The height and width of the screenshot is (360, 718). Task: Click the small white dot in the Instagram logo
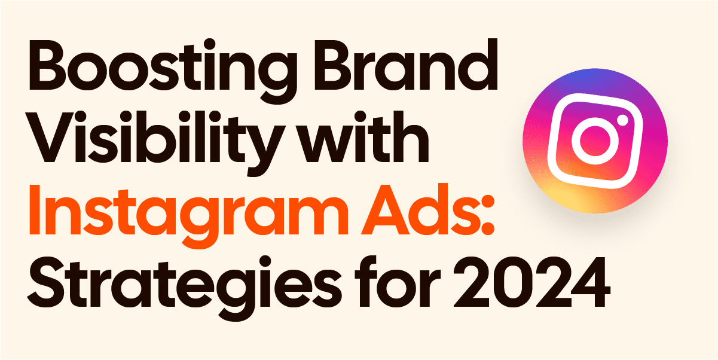622,122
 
